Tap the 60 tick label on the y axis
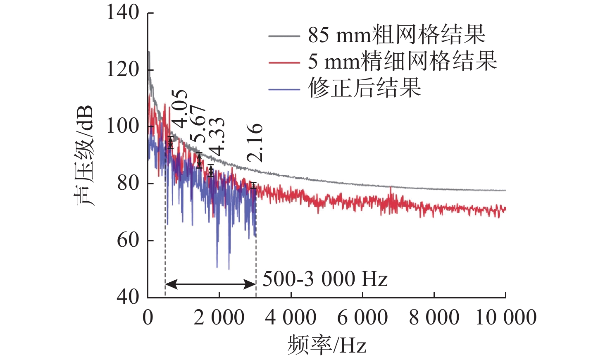[128, 240]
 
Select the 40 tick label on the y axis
[128, 297]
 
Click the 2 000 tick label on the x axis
[219, 318]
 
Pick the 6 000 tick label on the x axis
[362, 318]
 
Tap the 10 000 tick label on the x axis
[506, 318]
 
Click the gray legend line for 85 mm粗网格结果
[284, 36]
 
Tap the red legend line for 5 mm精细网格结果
[284, 62]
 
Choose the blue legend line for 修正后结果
[284, 89]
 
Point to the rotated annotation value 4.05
[180, 109]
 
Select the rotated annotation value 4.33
[217, 135]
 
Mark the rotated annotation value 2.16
[255, 142]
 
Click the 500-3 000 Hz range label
[325, 279]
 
